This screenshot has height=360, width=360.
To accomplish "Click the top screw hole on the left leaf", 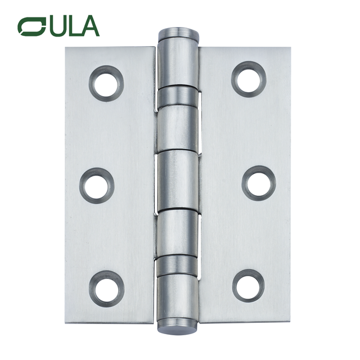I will click(x=106, y=83).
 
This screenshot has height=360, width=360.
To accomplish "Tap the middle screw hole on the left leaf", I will click(x=97, y=185).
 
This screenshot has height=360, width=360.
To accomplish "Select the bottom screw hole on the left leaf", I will click(x=106, y=288).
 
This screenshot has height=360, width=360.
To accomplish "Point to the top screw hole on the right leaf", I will click(x=248, y=78).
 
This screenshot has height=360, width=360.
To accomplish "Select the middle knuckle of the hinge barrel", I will click(x=177, y=180).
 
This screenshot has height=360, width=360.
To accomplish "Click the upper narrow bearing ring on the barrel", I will click(x=177, y=96).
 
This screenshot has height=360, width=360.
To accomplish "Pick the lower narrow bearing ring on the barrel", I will click(x=177, y=264).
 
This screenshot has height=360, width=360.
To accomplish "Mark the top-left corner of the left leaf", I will click(x=66, y=47).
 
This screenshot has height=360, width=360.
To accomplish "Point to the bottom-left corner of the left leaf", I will click(x=66, y=323).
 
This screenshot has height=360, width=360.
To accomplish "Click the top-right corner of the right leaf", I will click(x=291, y=48).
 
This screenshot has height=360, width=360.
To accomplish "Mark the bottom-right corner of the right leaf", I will click(x=291, y=322).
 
